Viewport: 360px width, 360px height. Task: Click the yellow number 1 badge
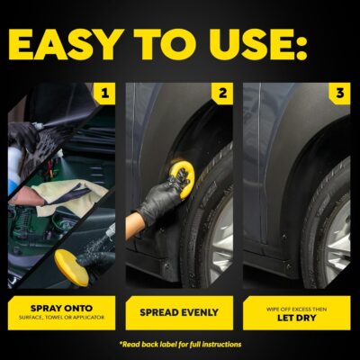[x=106, y=93]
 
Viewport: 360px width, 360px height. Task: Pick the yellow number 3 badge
[x=338, y=93]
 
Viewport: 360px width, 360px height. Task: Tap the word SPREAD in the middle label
[x=160, y=313]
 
